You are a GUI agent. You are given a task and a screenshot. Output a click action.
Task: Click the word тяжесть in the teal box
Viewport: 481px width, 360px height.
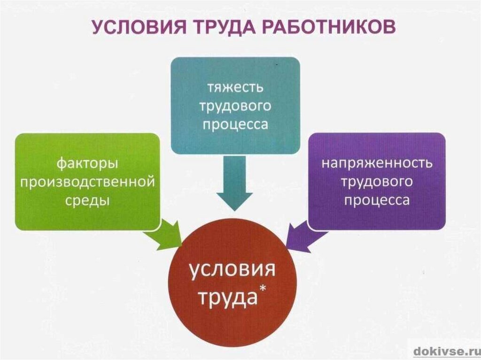[x=235, y=87]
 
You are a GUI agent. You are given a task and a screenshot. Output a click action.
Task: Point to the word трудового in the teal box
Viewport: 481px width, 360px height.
[x=235, y=106]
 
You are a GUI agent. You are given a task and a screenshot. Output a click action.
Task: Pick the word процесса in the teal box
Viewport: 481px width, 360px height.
[x=235, y=124]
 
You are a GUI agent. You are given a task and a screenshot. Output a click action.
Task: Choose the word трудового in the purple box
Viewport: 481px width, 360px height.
[x=376, y=182]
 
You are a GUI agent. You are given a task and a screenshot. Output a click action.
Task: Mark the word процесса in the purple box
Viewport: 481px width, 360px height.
[x=376, y=200]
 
